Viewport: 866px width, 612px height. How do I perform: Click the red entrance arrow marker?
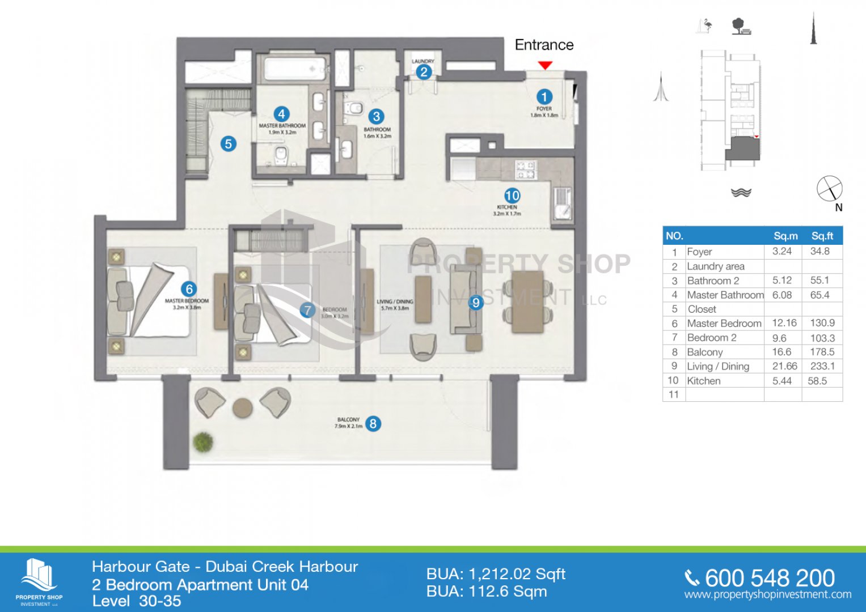[x=545, y=65]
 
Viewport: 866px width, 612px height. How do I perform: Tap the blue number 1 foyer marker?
[x=544, y=97]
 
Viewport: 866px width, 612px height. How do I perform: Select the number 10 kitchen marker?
[x=512, y=195]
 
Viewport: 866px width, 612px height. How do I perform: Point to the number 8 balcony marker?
[x=373, y=423]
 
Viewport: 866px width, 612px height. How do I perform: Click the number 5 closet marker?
[x=228, y=144]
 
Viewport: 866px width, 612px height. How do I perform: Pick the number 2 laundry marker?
[x=423, y=72]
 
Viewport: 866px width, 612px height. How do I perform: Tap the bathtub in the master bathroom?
[x=295, y=69]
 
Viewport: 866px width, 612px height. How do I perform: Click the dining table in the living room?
[x=527, y=301]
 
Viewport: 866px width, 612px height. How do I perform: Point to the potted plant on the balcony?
[x=202, y=441]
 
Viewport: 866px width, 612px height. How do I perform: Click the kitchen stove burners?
[x=525, y=169]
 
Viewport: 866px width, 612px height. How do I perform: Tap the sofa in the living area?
[x=466, y=300]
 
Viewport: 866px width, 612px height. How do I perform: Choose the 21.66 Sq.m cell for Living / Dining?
[x=784, y=367]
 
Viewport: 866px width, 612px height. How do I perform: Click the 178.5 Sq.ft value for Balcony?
[x=822, y=352]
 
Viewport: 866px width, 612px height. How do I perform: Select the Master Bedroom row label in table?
[x=724, y=324]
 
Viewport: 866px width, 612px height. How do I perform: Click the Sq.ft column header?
[x=822, y=236]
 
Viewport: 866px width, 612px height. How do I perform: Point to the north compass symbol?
[x=830, y=189]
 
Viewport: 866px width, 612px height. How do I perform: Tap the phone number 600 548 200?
[x=770, y=578]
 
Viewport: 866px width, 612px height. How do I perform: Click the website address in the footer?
[x=768, y=594]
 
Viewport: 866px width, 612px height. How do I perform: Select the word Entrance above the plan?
[x=544, y=45]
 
